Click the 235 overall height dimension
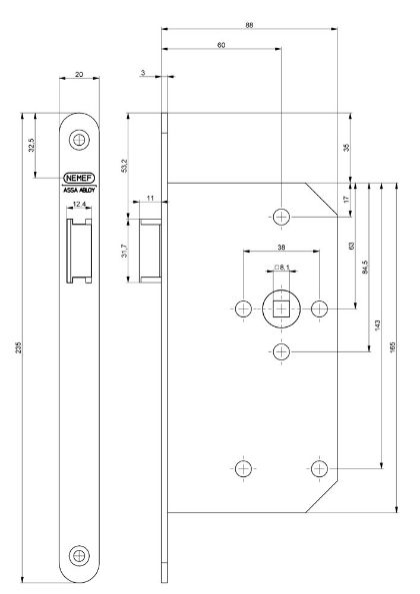pyautogui.click(x=18, y=346)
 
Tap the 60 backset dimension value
pyautogui.click(x=221, y=45)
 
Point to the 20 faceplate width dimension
pyautogui.click(x=78, y=75)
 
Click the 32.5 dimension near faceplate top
pyautogui.click(x=32, y=145)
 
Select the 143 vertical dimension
pyautogui.click(x=377, y=324)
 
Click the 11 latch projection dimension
pyautogui.click(x=151, y=200)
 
